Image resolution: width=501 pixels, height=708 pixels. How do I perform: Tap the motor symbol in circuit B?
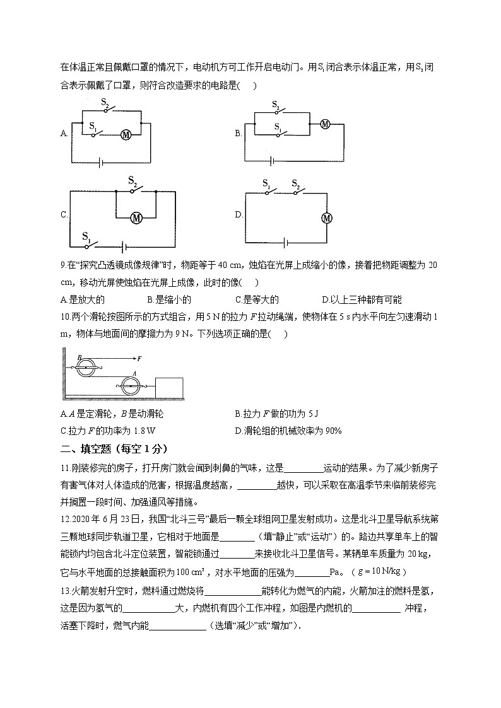(325, 124)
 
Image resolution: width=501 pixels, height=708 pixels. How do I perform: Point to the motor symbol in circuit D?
(327, 218)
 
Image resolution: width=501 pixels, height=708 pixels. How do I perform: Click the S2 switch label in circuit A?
(105, 102)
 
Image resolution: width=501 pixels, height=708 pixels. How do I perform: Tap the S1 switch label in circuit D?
(266, 183)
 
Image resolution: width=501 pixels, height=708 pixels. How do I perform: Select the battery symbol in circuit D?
(287, 241)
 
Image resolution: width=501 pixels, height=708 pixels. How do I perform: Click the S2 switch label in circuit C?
(133, 181)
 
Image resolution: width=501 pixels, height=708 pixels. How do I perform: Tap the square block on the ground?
(168, 387)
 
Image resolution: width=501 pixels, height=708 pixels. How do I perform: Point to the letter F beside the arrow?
(139, 357)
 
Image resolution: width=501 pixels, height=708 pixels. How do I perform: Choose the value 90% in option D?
(332, 431)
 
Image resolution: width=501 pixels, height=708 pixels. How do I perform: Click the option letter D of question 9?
(324, 300)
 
